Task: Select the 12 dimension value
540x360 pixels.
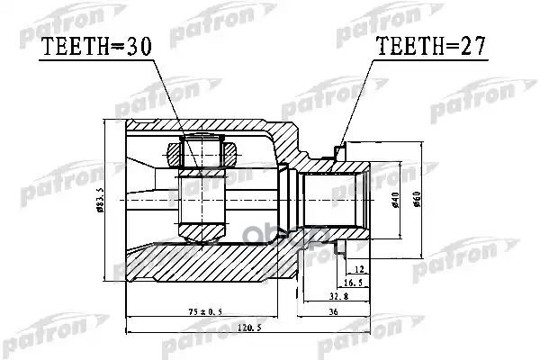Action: [x=359, y=270]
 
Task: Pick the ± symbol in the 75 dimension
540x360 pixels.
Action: [x=199, y=313]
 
